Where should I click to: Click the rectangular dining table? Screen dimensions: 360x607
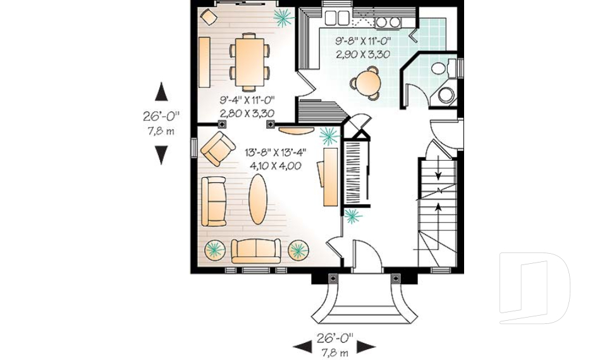[248, 61]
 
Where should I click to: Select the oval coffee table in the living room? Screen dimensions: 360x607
[257, 199]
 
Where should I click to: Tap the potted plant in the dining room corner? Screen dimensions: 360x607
[282, 18]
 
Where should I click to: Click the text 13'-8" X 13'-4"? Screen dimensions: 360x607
[276, 152]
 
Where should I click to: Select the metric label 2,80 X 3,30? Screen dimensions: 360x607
[247, 113]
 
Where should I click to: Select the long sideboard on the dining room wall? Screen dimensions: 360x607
[204, 62]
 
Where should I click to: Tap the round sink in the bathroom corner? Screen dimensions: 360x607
[447, 96]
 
